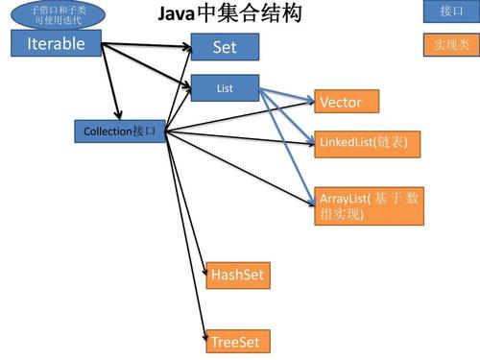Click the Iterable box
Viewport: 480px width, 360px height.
pyautogui.click(x=56, y=43)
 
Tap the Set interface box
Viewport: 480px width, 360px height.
pyautogui.click(x=226, y=46)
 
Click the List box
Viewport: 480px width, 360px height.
pyautogui.click(x=225, y=88)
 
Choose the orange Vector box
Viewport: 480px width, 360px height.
pyautogui.click(x=347, y=101)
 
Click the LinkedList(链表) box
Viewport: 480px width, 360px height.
pyautogui.click(x=367, y=142)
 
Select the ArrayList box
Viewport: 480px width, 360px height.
pyautogui.click(x=369, y=205)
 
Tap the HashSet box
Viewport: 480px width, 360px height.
pyautogui.click(x=237, y=276)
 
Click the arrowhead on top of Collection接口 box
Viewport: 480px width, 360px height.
pyautogui.click(x=117, y=115)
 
